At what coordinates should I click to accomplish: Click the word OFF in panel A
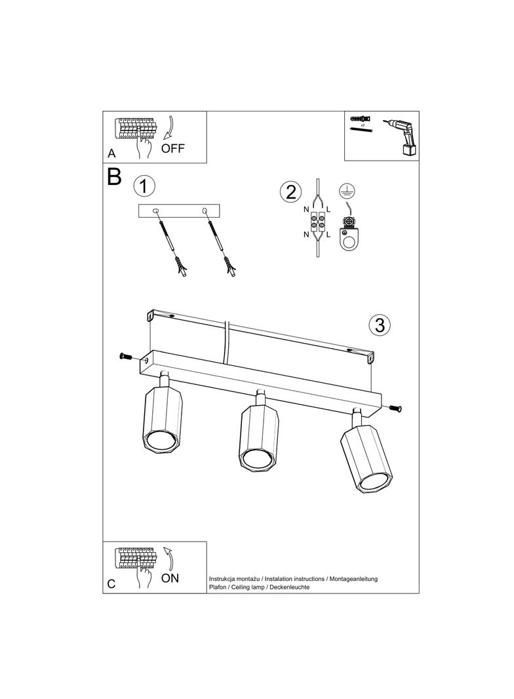tap(173, 148)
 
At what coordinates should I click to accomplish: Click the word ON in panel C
tap(170, 578)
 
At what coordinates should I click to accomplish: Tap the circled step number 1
tap(144, 186)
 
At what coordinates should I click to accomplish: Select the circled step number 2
tap(289, 192)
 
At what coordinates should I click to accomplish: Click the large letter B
tap(114, 177)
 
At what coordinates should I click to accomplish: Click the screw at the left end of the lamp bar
tap(126, 356)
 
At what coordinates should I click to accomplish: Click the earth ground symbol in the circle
tap(346, 191)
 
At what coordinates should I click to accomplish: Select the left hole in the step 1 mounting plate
tap(156, 211)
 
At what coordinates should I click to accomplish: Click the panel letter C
tap(111, 584)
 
